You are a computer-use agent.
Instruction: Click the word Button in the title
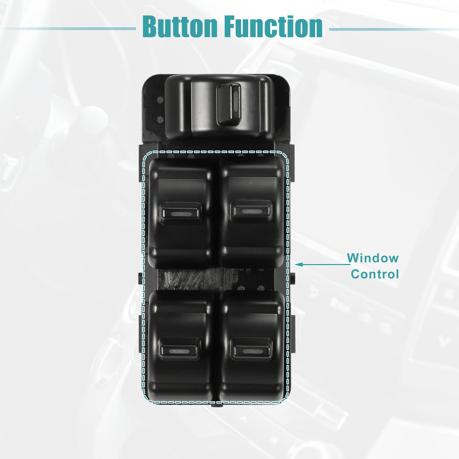click(x=180, y=26)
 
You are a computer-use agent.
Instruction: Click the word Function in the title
click(x=274, y=26)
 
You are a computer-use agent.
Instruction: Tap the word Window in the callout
click(x=373, y=258)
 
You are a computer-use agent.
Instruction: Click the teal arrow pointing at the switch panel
click(x=322, y=264)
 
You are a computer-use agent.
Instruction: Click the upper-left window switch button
click(x=180, y=213)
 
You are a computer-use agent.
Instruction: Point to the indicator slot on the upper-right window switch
click(x=252, y=211)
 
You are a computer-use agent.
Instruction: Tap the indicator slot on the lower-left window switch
click(x=179, y=351)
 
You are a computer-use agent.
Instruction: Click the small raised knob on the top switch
click(x=229, y=104)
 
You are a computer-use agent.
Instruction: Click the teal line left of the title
click(x=68, y=29)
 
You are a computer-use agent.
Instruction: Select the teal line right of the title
click(x=394, y=30)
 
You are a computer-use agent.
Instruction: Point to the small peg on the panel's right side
click(x=292, y=278)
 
